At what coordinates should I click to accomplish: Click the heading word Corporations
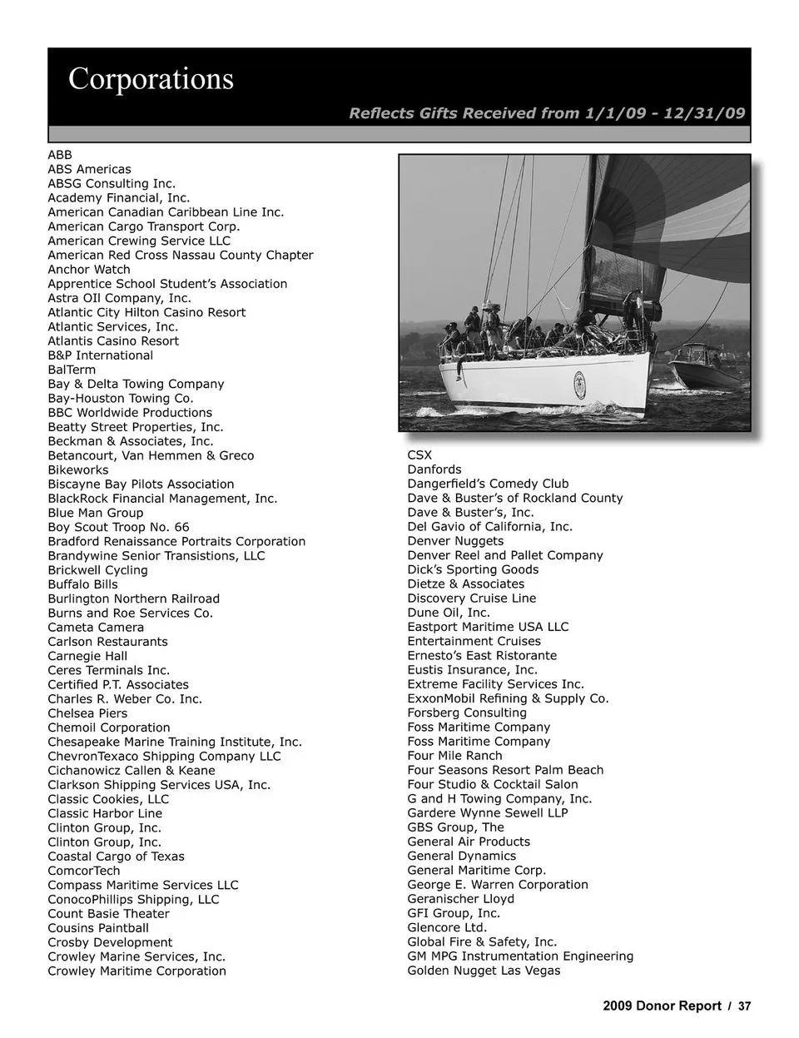151,79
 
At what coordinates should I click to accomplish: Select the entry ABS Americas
89,169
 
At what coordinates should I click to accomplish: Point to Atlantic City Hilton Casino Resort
146,312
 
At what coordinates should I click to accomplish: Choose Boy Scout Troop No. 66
118,527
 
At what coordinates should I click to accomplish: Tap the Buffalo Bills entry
82,584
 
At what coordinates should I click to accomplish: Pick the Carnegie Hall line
87,656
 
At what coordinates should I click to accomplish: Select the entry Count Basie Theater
108,913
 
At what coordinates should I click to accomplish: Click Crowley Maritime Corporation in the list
136,971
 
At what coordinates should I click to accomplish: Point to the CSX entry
419,455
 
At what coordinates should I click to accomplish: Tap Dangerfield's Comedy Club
488,484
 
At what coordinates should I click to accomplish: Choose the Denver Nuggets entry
455,541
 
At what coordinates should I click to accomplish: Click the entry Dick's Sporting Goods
473,569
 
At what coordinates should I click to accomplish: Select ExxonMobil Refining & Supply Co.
508,698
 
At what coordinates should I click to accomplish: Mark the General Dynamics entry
461,856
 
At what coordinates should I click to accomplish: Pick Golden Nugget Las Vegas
484,971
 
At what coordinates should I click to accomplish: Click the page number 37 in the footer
744,1006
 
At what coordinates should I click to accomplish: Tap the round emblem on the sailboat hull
579,382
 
